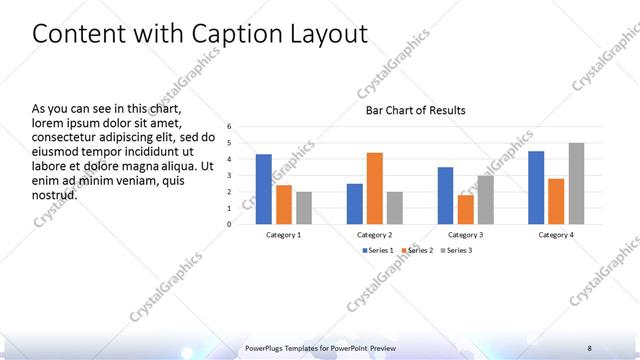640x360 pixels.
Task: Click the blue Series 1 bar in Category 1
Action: point(264,189)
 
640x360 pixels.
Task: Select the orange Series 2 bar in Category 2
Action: point(375,188)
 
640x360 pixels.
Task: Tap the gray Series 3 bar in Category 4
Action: point(576,183)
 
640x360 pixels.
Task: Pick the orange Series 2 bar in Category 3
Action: point(466,209)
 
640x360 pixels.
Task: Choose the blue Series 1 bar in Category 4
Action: point(536,187)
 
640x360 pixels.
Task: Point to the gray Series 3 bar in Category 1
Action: point(304,208)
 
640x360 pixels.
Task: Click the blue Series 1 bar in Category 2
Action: point(355,204)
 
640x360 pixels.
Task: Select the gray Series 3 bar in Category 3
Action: point(485,199)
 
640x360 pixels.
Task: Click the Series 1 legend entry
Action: point(378,249)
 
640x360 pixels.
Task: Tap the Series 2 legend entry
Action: point(419,249)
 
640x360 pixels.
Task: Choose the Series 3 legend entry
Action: point(458,249)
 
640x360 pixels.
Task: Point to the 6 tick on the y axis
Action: point(229,127)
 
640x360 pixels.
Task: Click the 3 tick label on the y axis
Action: point(229,176)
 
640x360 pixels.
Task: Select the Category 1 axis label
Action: point(284,234)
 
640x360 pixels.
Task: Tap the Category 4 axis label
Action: point(555,234)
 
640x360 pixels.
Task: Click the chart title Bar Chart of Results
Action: point(416,110)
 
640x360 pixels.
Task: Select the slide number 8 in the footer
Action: point(590,347)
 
